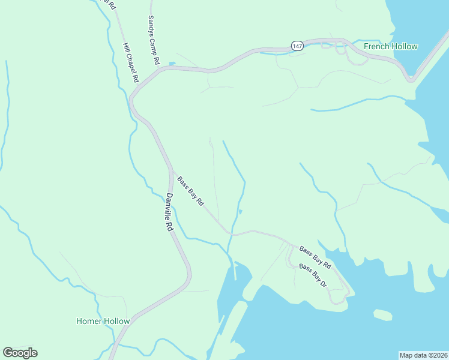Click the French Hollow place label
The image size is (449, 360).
[390, 46]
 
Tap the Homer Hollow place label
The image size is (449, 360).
[103, 321]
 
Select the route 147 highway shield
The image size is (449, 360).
[297, 46]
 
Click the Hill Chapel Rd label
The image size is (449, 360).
[130, 62]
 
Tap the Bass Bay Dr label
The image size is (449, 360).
[313, 275]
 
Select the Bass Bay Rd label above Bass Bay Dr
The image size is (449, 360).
[315, 257]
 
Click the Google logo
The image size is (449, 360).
[20, 353]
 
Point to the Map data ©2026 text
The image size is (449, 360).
[423, 355]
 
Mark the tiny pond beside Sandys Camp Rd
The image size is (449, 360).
[172, 63]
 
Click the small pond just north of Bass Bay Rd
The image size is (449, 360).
[241, 211]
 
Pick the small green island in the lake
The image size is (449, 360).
[382, 314]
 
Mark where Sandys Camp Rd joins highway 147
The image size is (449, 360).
[160, 68]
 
